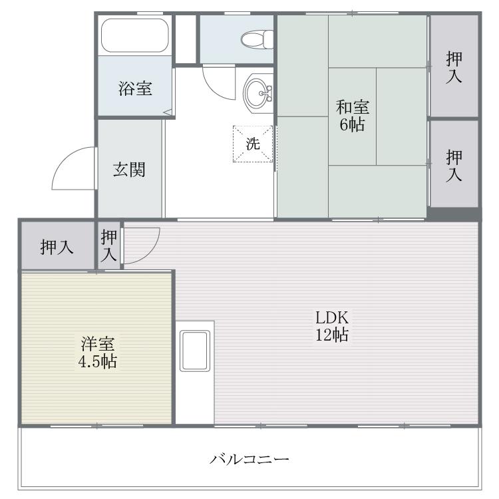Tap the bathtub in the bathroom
coord(134,35)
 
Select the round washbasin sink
coord(258,93)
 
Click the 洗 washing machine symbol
coord(253,144)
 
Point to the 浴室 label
coord(135,88)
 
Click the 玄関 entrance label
coord(129,170)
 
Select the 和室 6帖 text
coord(352,116)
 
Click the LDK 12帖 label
coord(332,326)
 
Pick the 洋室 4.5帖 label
coord(98,353)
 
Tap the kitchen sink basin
coord(195,351)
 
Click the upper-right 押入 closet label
coord(454,67)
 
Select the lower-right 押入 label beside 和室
coord(454,166)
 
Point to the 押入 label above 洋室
coord(57,247)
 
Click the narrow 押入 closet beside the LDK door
coord(109,246)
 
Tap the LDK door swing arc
coord(150,252)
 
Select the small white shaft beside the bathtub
coord(186,39)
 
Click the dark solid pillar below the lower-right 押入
coord(454,214)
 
